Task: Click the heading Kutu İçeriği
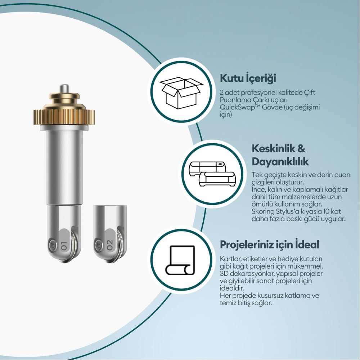pyautogui.click(x=248, y=78)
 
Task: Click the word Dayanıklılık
pyautogui.click(x=280, y=162)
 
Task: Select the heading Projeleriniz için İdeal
pyautogui.click(x=270, y=244)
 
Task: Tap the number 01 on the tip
pyautogui.click(x=63, y=246)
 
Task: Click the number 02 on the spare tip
pyautogui.click(x=110, y=245)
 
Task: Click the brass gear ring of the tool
pyautogui.click(x=64, y=114)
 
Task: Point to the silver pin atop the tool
pyautogui.click(x=64, y=89)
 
